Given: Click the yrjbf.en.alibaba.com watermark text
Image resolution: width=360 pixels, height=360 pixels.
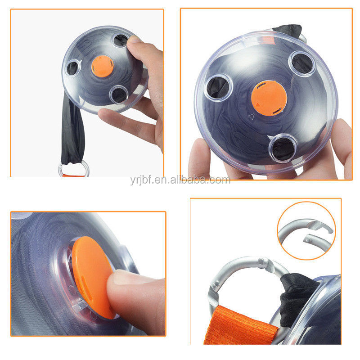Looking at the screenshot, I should [x=180, y=180].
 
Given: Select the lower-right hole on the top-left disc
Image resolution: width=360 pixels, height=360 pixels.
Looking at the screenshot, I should [x=118, y=94].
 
